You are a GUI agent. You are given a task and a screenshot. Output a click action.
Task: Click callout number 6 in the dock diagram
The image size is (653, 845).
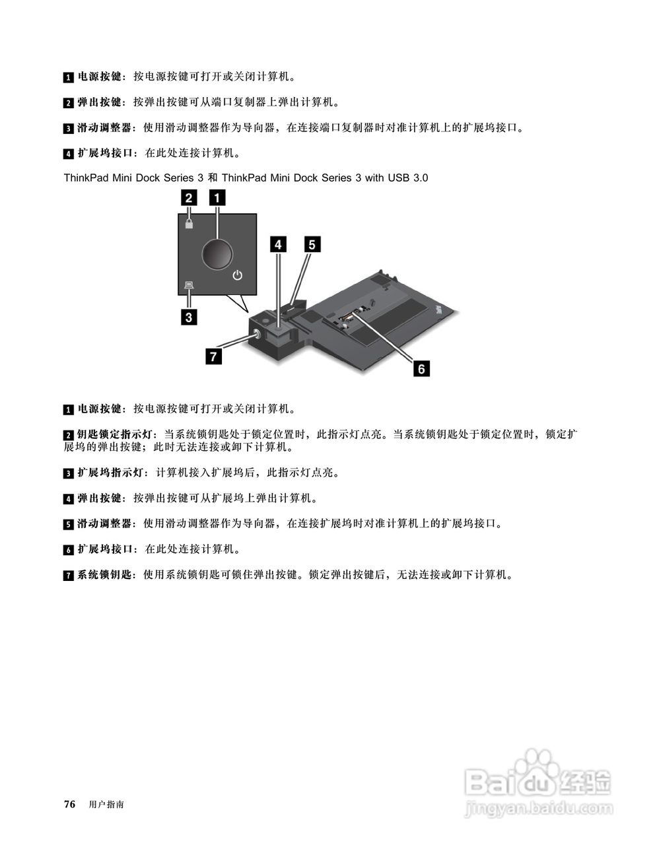pos(421,368)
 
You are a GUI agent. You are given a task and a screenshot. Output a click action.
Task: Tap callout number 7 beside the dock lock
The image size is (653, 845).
pos(212,356)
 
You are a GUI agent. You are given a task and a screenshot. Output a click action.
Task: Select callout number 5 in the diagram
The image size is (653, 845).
pos(312,244)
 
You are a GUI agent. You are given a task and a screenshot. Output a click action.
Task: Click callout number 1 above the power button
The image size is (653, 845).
pos(217,197)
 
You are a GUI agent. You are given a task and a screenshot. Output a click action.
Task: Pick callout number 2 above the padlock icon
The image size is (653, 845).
pos(189,197)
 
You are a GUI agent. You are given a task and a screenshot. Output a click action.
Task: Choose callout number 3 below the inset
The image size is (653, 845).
pos(189,318)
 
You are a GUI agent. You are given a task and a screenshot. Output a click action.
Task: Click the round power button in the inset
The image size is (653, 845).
pos(217,253)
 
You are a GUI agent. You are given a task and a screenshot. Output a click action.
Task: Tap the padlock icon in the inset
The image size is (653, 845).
pos(189,223)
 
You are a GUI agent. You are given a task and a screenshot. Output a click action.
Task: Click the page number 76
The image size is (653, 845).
pos(69,804)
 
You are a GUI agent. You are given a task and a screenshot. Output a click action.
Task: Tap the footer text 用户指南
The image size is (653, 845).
pos(106,805)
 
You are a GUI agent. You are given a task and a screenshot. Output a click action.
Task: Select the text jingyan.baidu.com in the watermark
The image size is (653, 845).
pos(539,808)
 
